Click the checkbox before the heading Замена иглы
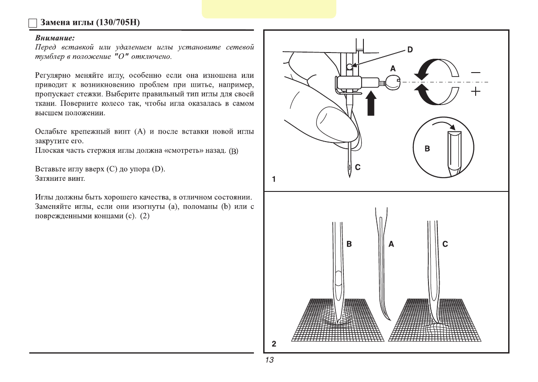pos(32,23)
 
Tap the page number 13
pos(269,360)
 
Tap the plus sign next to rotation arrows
pos(476,92)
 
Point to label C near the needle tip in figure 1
pos(358,167)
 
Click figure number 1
pos(274,179)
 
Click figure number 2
pos(274,344)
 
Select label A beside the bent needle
pos(391,244)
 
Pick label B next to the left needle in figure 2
pos(349,244)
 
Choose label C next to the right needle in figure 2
pos(445,244)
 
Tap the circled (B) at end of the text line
pos(234,152)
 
